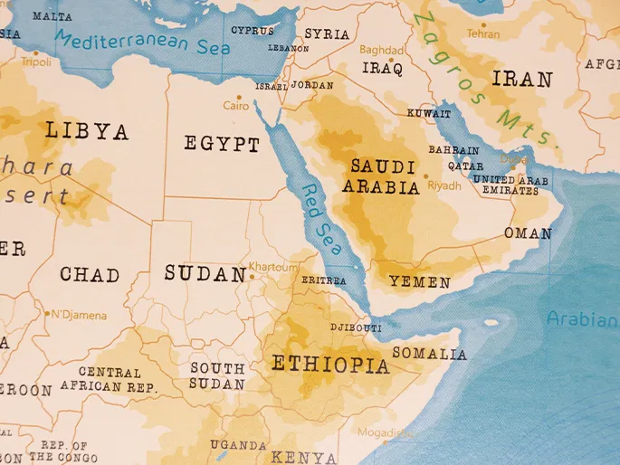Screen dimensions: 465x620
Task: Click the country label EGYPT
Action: pyautogui.click(x=222, y=144)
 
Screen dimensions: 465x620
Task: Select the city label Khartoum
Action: pyautogui.click(x=273, y=268)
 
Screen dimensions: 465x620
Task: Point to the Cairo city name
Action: pyautogui.click(x=236, y=106)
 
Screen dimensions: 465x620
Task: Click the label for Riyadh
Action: pyautogui.click(x=444, y=185)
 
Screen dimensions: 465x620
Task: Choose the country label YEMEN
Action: pyautogui.click(x=419, y=282)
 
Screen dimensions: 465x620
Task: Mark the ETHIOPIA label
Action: pyautogui.click(x=330, y=365)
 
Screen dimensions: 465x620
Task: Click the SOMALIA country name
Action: pyautogui.click(x=430, y=354)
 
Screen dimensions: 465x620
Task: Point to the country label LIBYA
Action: pyautogui.click(x=87, y=131)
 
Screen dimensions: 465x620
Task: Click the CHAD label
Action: pyautogui.click(x=90, y=274)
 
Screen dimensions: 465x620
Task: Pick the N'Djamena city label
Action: pyautogui.click(x=78, y=316)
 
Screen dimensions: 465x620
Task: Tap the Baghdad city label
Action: pyautogui.click(x=382, y=50)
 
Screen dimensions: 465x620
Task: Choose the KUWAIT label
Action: pyautogui.click(x=428, y=114)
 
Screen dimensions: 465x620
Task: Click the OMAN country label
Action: pyautogui.click(x=528, y=233)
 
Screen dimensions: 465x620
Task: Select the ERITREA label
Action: pyautogui.click(x=323, y=281)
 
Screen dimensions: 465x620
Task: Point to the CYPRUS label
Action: pyautogui.click(x=252, y=30)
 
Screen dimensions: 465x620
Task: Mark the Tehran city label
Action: pyautogui.click(x=482, y=33)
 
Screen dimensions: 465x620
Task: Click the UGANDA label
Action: pyautogui.click(x=238, y=445)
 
